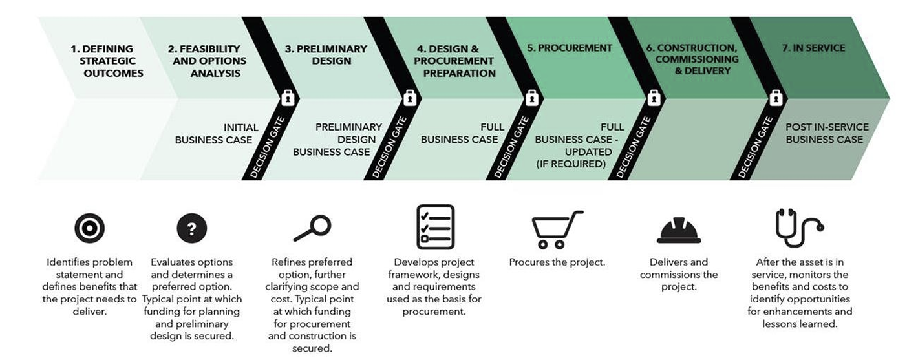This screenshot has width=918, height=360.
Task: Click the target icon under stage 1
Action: [x=89, y=228]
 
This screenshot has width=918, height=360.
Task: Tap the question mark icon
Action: [x=192, y=228]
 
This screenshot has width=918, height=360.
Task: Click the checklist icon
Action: [x=435, y=227]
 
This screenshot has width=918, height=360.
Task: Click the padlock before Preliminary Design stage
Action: [x=288, y=98]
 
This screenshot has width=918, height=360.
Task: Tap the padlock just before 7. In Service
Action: [x=776, y=98]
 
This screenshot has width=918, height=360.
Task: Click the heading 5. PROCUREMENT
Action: [x=570, y=48]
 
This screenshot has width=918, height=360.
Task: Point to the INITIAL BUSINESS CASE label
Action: [x=217, y=134]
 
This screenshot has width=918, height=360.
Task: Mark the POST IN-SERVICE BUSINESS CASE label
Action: [x=827, y=133]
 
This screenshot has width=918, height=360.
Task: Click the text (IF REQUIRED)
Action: [x=571, y=164]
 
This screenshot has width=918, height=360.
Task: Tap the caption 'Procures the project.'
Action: [x=557, y=262]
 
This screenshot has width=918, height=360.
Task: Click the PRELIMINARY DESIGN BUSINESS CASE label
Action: [x=337, y=140]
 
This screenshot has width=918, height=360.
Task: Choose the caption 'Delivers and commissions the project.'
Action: [x=679, y=274]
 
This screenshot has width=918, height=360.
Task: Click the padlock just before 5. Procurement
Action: [x=531, y=98]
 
